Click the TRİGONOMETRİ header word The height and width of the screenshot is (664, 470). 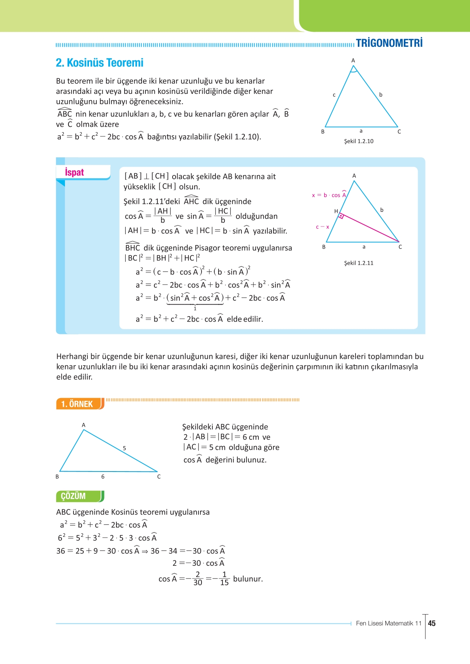(x=389, y=43)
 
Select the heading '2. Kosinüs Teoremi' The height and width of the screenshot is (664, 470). (x=99, y=63)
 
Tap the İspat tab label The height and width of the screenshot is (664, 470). (x=74, y=172)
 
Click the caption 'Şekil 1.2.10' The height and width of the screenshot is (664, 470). (x=359, y=141)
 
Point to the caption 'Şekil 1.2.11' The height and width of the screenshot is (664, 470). (x=359, y=263)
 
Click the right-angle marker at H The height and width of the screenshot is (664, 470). (x=341, y=216)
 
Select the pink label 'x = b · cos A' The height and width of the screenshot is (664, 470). (x=329, y=195)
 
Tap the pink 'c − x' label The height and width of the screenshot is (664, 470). (x=322, y=227)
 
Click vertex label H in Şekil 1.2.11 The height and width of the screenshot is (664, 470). (x=336, y=211)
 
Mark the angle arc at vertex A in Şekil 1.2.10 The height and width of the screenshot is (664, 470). (x=353, y=70)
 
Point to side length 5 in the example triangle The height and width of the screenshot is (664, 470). (x=124, y=448)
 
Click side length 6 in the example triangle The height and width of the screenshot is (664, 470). (x=103, y=477)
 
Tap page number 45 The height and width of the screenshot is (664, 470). (x=432, y=623)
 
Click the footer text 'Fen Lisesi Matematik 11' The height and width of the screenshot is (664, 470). (x=388, y=623)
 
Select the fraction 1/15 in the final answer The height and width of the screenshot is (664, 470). (x=224, y=579)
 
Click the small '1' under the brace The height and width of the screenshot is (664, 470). (x=195, y=309)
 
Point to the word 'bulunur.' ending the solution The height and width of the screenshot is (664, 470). (x=248, y=579)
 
